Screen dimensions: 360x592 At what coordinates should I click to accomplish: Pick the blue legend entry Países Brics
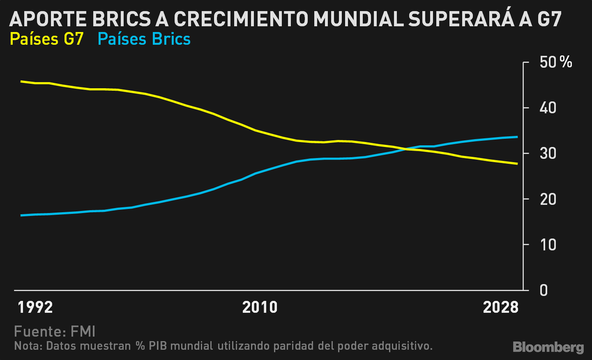coord(144,38)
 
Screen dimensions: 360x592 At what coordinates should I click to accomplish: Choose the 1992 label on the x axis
coord(35,308)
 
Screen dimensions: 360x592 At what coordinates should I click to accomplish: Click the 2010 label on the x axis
coord(259,308)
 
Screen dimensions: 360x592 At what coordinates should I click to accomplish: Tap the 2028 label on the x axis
coord(501,308)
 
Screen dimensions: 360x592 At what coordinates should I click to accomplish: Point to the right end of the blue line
coord(517,137)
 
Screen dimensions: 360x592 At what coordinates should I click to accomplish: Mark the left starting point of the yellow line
coord(21,81)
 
